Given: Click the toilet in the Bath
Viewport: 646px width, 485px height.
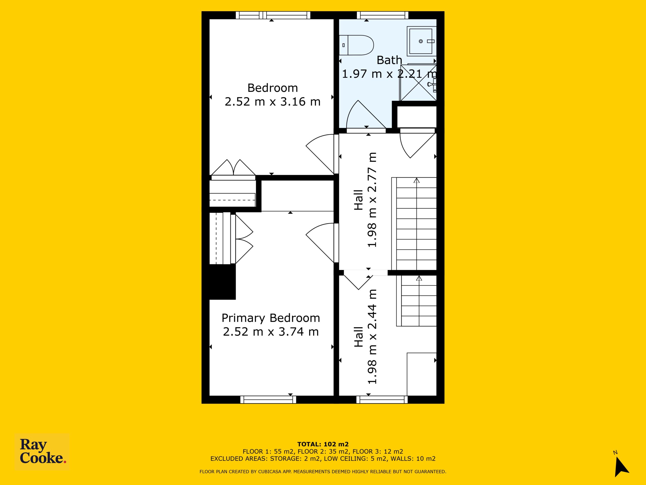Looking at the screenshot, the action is pyautogui.click(x=356, y=45).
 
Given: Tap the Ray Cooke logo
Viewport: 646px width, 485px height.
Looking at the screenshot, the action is pyautogui.click(x=42, y=452).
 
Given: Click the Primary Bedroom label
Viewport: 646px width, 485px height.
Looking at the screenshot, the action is pyautogui.click(x=271, y=318).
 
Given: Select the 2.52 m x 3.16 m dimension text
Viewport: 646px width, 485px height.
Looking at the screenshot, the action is pyautogui.click(x=273, y=102).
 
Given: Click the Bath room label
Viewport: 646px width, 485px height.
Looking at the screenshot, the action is pyautogui.click(x=389, y=60).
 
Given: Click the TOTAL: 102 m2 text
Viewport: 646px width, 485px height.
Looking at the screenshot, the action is pyautogui.click(x=323, y=445).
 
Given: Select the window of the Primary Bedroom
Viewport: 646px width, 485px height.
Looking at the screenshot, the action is pyautogui.click(x=268, y=400).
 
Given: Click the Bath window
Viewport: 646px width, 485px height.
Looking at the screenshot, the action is pyautogui.click(x=382, y=15).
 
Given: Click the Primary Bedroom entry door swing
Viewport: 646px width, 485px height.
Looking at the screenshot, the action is pyautogui.click(x=320, y=243).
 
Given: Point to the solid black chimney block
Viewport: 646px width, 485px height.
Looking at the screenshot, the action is pyautogui.click(x=223, y=282).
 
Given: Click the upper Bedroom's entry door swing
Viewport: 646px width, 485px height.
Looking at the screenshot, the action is pyautogui.click(x=320, y=154).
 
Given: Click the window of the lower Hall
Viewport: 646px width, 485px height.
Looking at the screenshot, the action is pyautogui.click(x=382, y=400).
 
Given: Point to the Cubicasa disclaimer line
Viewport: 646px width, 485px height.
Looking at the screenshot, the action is pyautogui.click(x=323, y=472).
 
